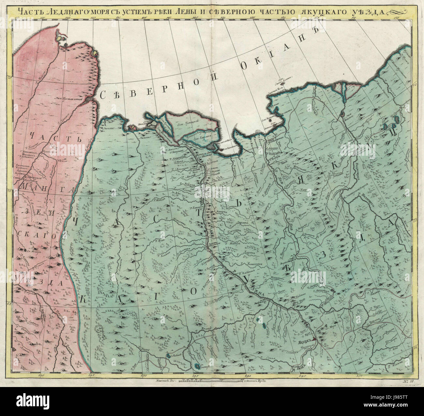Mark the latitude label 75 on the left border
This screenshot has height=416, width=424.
tap(10, 77)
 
